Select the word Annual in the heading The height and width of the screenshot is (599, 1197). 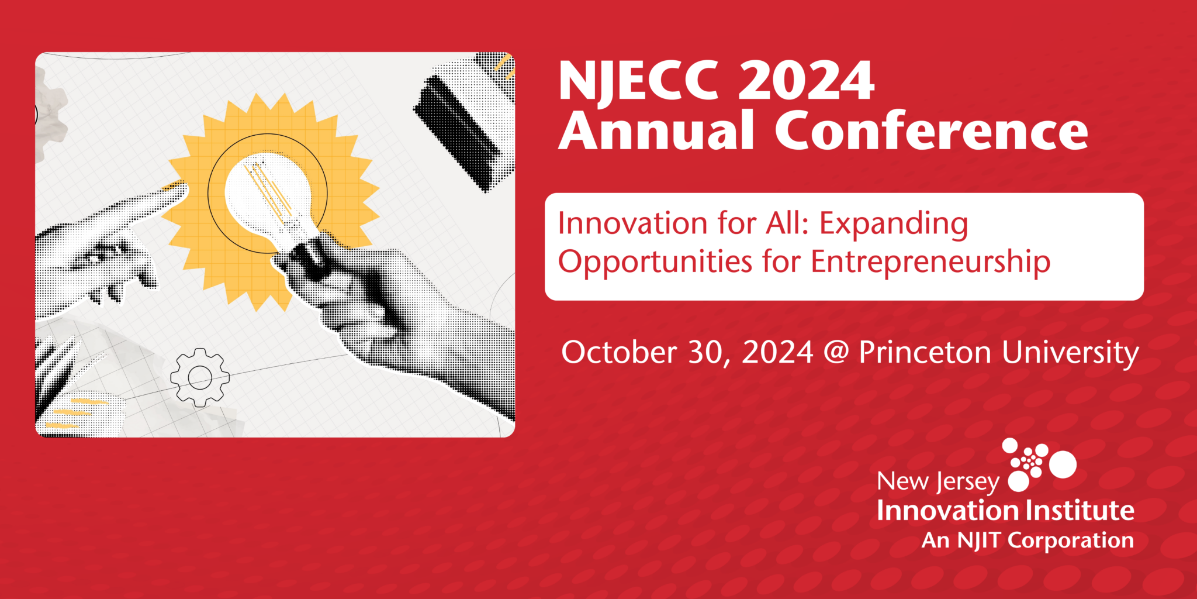[x=656, y=130]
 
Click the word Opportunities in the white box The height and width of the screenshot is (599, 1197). [x=655, y=262]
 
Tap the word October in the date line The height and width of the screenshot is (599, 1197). [x=619, y=353]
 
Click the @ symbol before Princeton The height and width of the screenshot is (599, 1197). [x=836, y=353]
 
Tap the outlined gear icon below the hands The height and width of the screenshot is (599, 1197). [x=200, y=377]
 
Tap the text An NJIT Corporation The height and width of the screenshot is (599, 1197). [x=1028, y=541]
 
